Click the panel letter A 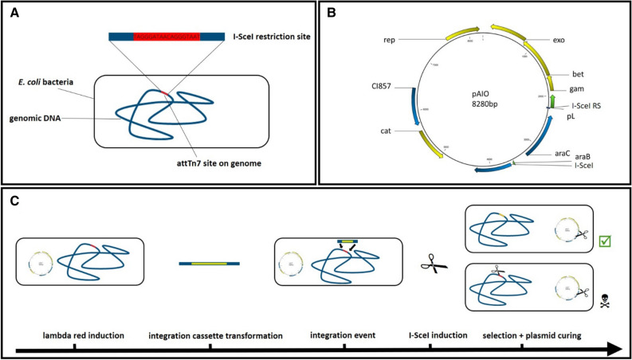pos(14,13)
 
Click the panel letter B pos(332,13)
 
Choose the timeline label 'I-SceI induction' pos(430,337)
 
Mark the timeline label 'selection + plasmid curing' pos(532,337)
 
